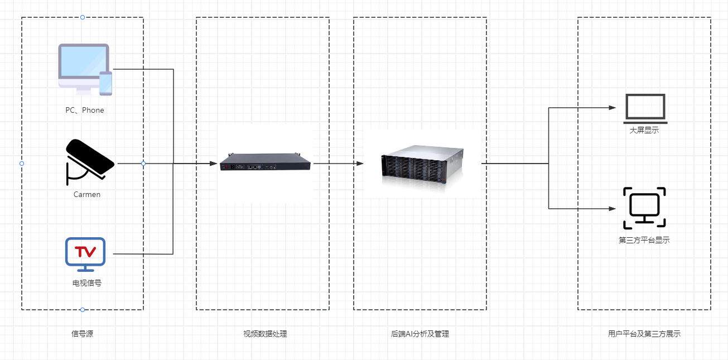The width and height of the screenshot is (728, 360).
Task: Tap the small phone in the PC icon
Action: (105, 83)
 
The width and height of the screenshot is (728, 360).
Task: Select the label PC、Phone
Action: (85, 111)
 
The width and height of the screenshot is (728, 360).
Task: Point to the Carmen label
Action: (87, 194)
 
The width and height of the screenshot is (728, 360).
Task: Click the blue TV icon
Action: (85, 255)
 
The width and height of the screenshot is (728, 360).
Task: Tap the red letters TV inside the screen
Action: (85, 251)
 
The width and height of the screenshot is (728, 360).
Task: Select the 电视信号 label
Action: (87, 283)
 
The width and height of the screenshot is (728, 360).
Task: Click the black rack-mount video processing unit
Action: (265, 162)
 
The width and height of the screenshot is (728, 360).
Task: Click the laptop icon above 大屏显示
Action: (645, 109)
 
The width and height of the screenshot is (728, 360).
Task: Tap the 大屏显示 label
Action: (644, 130)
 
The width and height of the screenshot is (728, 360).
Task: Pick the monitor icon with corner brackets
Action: (644, 208)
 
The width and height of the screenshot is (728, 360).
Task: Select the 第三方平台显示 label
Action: (644, 240)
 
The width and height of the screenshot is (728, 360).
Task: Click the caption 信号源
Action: (82, 334)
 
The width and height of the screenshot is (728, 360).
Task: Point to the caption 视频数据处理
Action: (265, 334)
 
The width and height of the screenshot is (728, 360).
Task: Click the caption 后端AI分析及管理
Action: (420, 334)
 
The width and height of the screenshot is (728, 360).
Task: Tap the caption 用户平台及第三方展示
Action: (644, 334)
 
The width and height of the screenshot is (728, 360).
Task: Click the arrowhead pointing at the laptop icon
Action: (613, 108)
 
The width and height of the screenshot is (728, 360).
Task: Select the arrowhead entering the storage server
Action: (360, 163)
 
